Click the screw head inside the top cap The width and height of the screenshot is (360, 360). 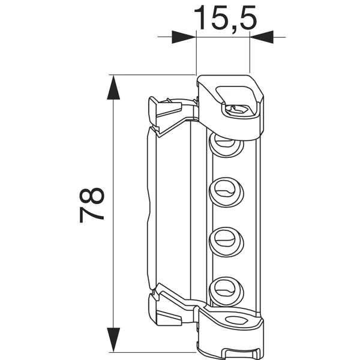(238, 109)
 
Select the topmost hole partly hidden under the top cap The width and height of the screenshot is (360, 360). (225, 142)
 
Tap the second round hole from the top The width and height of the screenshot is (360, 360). (226, 191)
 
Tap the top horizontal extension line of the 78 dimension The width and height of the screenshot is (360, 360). (150, 75)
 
